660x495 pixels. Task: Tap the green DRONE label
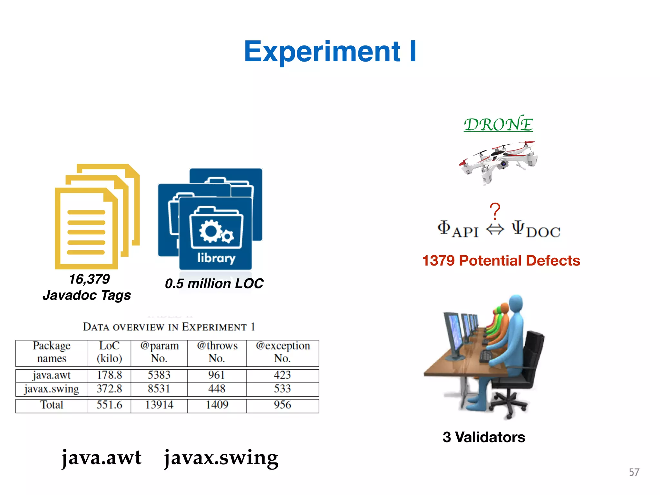pyautogui.click(x=498, y=124)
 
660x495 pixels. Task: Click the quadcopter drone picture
pyautogui.click(x=498, y=161)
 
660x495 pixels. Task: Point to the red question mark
pyautogui.click(x=495, y=211)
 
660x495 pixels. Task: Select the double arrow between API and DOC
pyautogui.click(x=495, y=230)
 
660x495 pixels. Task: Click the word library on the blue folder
pyautogui.click(x=216, y=258)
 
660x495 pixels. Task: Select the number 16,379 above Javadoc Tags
pyautogui.click(x=89, y=279)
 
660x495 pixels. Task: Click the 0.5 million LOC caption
pyautogui.click(x=214, y=284)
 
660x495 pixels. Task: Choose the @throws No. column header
pyautogui.click(x=217, y=352)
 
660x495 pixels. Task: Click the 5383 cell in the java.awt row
pyautogui.click(x=159, y=375)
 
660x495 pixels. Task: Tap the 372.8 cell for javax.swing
pyautogui.click(x=109, y=389)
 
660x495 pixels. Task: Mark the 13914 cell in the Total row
pyautogui.click(x=159, y=405)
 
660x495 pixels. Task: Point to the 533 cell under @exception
pyautogui.click(x=282, y=389)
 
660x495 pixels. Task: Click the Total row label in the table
pyautogui.click(x=52, y=405)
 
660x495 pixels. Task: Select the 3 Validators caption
pyautogui.click(x=484, y=437)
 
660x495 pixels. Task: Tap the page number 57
pyautogui.click(x=634, y=472)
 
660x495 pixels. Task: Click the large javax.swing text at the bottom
pyautogui.click(x=221, y=458)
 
